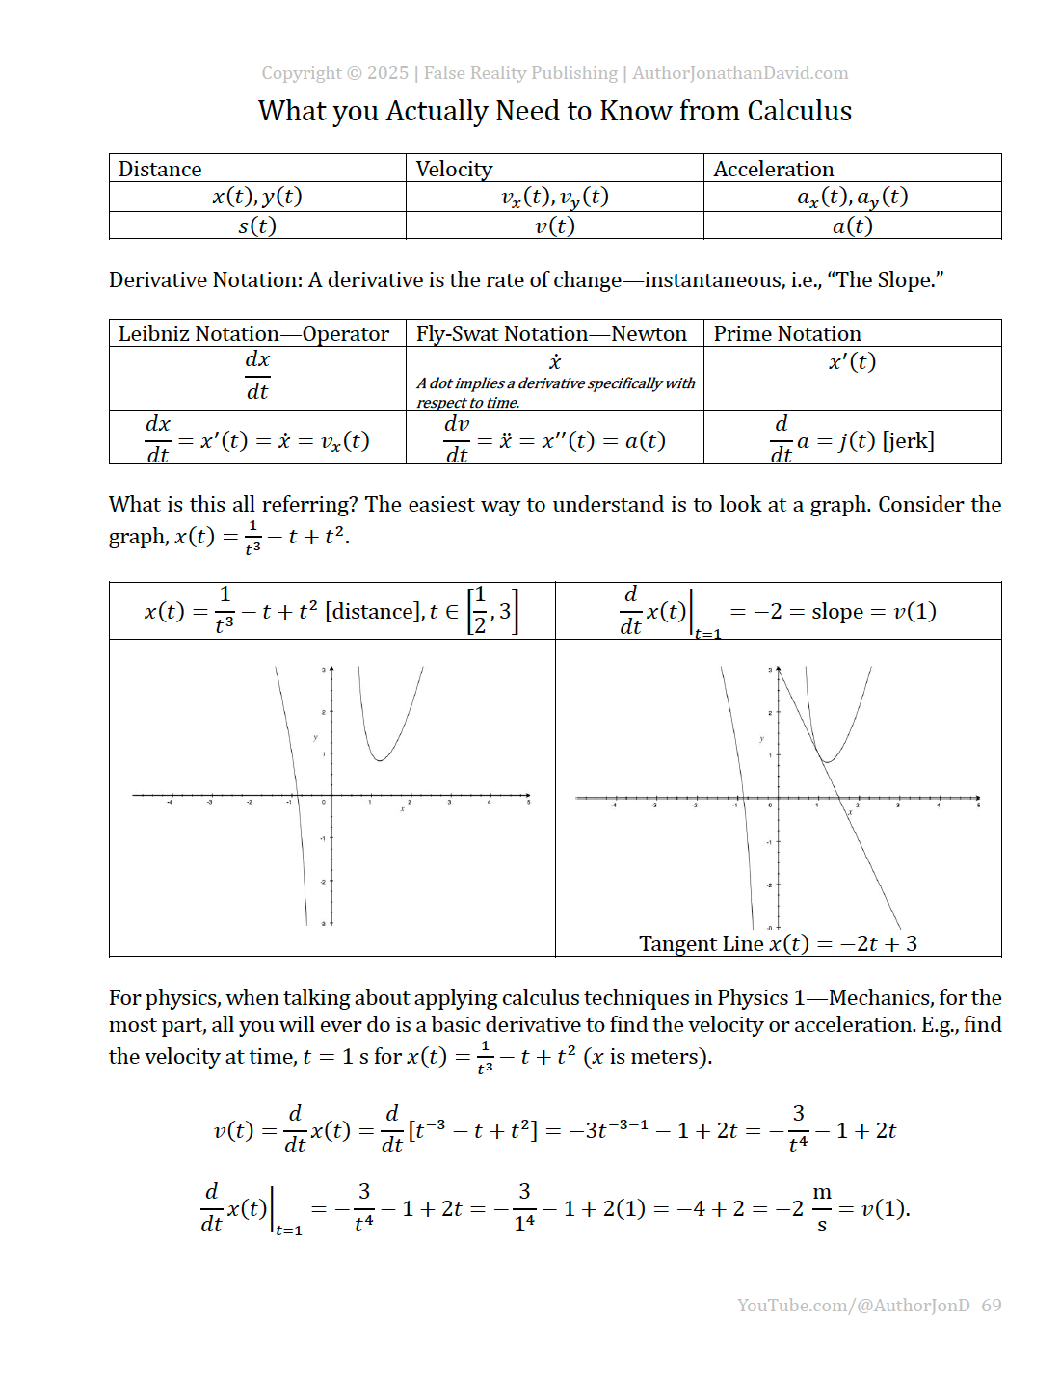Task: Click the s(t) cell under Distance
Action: [257, 226]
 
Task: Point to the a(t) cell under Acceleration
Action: [852, 226]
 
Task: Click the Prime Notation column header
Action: [787, 334]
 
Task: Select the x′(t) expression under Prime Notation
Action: [852, 362]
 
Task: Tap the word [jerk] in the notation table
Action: [908, 441]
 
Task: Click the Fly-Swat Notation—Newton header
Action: [551, 334]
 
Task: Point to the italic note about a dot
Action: [555, 392]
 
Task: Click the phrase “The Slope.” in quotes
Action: [890, 280]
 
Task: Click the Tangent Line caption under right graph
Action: [778, 944]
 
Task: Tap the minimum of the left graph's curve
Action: [381, 760]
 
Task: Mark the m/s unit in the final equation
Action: [821, 1208]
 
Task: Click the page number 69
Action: [992, 1306]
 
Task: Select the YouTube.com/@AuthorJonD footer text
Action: [853, 1306]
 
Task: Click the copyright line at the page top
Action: [554, 73]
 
